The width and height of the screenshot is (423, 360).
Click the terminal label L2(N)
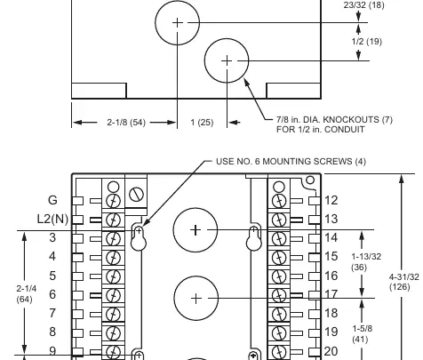[52, 219]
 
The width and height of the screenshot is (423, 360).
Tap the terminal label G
[52, 200]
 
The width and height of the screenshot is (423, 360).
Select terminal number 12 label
[331, 201]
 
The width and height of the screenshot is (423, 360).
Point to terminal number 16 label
[331, 276]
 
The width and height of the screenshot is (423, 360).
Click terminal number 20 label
[331, 351]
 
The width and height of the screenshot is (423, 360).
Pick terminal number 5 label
[52, 276]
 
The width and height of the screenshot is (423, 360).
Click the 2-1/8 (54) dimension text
[126, 123]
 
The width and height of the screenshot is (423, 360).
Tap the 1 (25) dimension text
[202, 123]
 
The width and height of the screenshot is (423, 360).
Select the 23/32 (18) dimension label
[364, 5]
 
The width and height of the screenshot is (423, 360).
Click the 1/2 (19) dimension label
[367, 42]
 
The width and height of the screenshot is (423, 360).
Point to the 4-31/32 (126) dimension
[403, 282]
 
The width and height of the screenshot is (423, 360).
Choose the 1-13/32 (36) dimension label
[366, 261]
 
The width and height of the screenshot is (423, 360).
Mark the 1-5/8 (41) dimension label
[362, 333]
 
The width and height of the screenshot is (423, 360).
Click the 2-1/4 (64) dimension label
[26, 293]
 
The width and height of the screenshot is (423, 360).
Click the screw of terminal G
[113, 201]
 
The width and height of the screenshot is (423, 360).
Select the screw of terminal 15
[279, 257]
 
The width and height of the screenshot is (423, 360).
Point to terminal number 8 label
[52, 332]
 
